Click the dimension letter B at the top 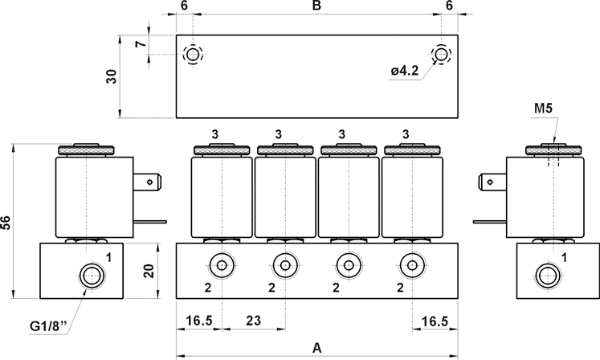[x=316, y=6]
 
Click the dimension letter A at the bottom [x=316, y=348]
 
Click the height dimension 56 [x=6, y=223]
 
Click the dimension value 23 [x=253, y=321]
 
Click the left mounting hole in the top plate [x=193, y=55]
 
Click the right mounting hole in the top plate [x=441, y=55]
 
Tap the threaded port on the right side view [x=548, y=274]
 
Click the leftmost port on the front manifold [x=220, y=264]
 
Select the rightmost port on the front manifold [x=411, y=264]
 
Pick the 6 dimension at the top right [x=448, y=6]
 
